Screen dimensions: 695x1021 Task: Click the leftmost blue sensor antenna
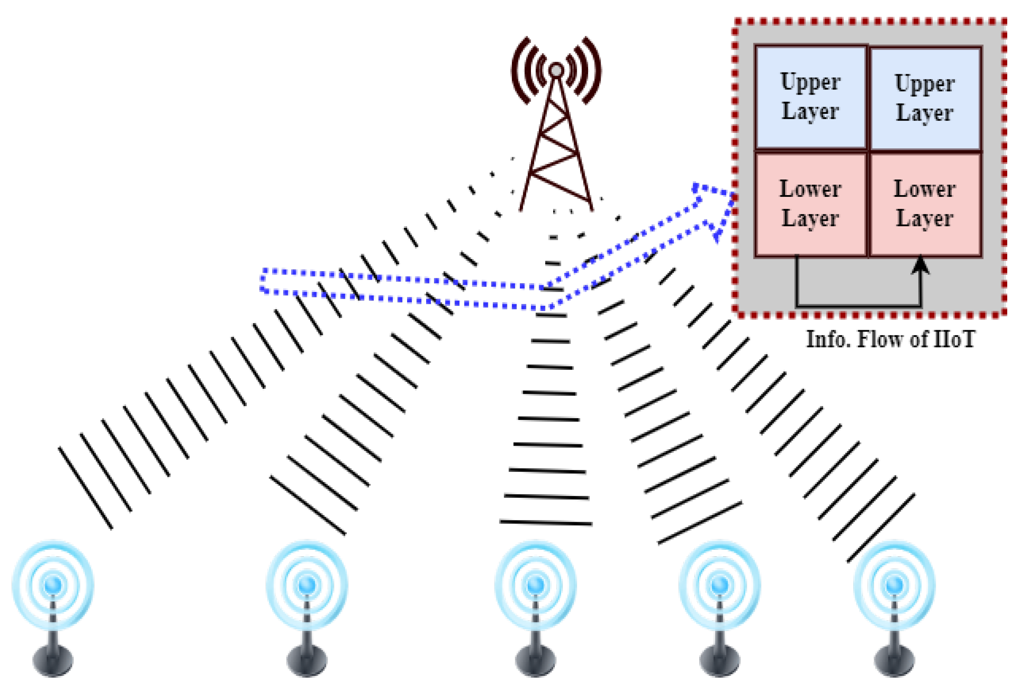pos(53,586)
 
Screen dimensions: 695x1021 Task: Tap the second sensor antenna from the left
pos(307,586)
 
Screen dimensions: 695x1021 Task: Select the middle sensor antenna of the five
pos(535,586)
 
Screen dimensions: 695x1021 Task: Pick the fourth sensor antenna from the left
pos(720,586)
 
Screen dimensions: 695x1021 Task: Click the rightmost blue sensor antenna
pos(894,586)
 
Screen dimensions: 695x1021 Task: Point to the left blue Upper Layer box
pos(811,97)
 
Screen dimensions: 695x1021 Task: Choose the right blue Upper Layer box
pos(925,98)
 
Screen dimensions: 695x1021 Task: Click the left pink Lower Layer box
pos(811,204)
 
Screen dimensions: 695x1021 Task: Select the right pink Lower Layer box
pos(925,204)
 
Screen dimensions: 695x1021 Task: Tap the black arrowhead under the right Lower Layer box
pos(920,265)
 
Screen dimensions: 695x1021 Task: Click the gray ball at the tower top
pos(556,70)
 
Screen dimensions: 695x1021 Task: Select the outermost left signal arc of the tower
pos(519,71)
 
